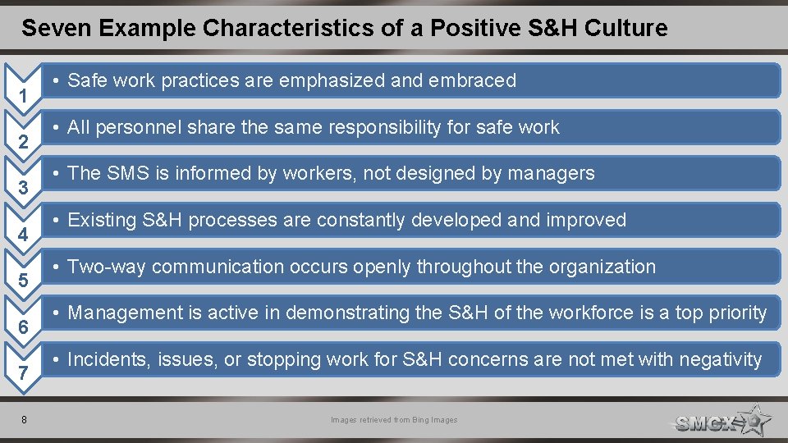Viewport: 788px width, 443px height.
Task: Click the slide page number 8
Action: [24, 420]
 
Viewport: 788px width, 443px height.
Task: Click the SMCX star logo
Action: [722, 421]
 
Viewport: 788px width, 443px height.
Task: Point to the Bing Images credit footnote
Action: [394, 420]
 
